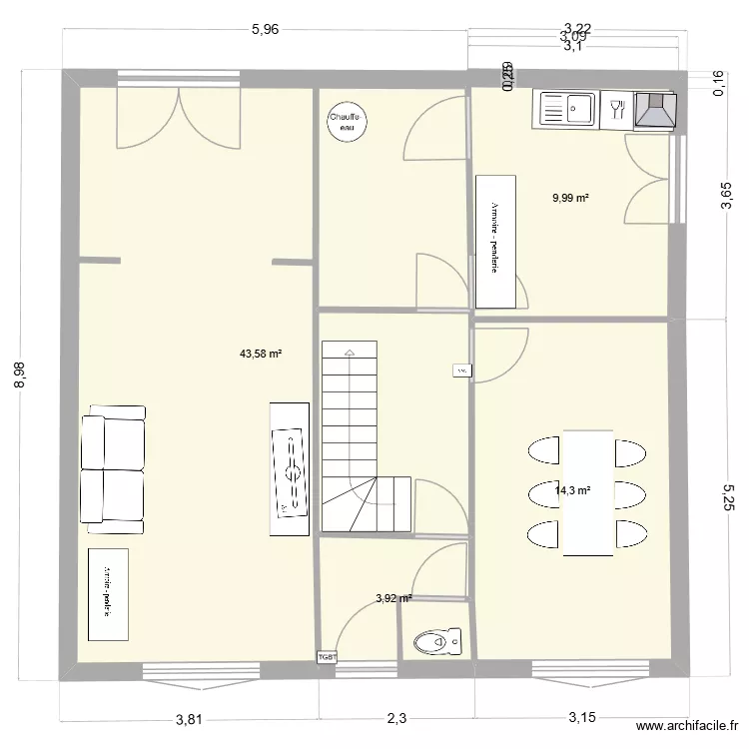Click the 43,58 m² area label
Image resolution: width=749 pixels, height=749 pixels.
click(x=261, y=354)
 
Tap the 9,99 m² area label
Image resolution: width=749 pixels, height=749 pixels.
click(x=570, y=198)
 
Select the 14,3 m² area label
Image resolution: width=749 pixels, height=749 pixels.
click(x=572, y=490)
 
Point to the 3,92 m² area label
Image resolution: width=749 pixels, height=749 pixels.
click(x=393, y=599)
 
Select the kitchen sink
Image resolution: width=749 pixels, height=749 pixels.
click(x=566, y=109)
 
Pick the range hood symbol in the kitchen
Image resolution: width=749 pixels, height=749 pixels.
click(x=654, y=110)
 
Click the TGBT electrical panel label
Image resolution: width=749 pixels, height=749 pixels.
click(x=328, y=657)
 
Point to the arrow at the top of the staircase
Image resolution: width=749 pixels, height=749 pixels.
click(x=349, y=352)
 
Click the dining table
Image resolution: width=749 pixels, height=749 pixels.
click(x=587, y=492)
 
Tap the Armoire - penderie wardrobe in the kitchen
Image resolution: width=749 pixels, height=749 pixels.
click(x=494, y=242)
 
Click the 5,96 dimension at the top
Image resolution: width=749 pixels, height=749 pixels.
click(x=265, y=30)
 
